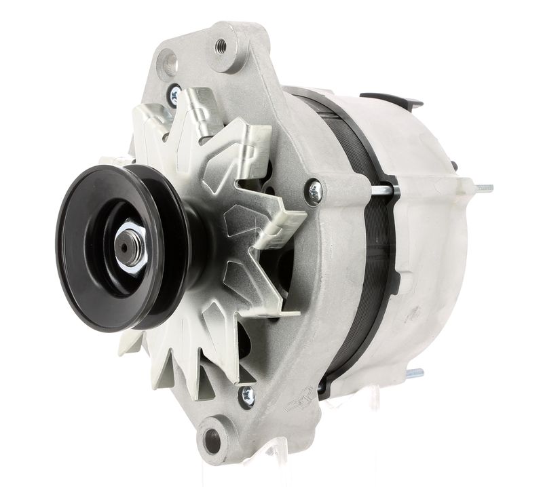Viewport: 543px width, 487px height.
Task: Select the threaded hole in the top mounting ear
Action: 221,46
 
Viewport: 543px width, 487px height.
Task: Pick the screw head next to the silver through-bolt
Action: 314,192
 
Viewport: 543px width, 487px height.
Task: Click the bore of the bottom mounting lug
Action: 212,441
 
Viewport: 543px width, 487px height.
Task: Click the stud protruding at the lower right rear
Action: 413,374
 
